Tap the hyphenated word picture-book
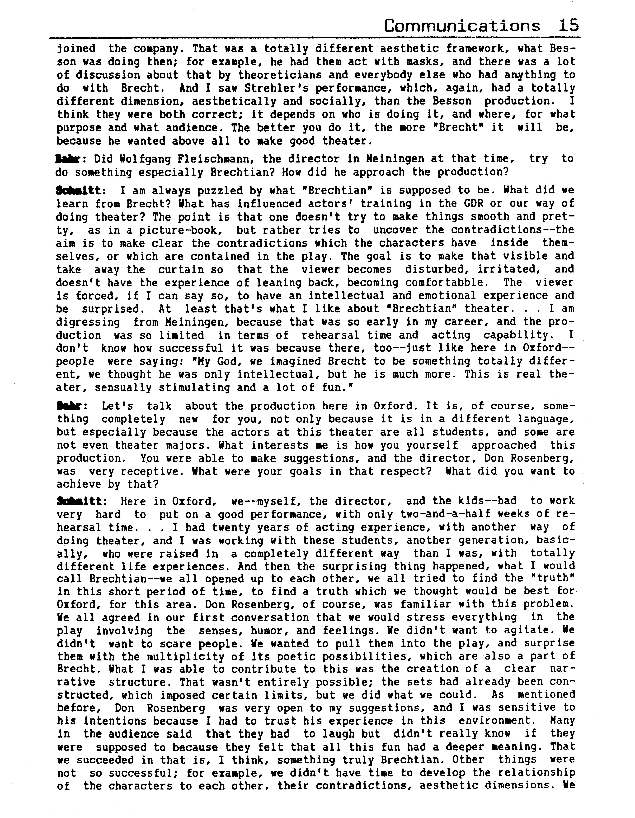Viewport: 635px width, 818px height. point(178,230)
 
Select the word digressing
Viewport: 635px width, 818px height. point(88,322)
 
